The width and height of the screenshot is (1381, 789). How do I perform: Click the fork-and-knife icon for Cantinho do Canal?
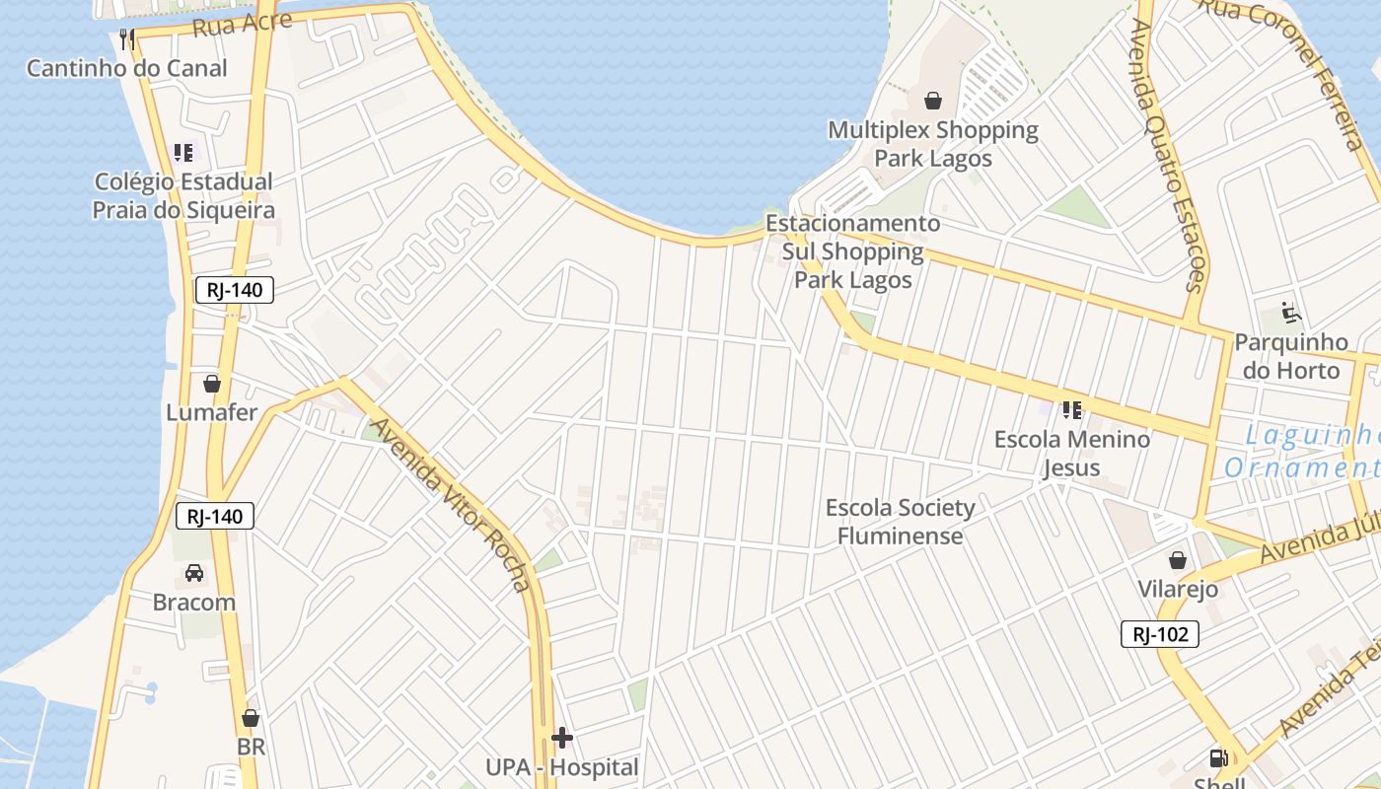126,39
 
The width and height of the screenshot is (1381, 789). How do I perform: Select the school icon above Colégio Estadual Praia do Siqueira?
183,153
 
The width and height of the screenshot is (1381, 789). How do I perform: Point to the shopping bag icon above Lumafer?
211,384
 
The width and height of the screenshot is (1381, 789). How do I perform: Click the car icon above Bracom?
194,573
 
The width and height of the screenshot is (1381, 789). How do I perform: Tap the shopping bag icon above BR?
251,718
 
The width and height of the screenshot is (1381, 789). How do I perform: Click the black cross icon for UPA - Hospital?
562,738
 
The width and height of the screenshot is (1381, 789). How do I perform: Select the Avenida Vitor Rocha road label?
453,504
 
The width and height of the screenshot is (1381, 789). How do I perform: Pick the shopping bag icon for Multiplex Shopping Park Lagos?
933,101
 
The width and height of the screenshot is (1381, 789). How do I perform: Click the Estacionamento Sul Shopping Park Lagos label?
853,251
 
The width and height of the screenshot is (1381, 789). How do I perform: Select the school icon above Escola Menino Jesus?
1072,409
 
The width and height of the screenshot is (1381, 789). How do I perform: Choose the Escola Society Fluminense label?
900,522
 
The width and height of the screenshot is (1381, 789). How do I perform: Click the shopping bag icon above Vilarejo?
1178,560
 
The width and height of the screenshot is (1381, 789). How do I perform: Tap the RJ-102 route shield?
1160,634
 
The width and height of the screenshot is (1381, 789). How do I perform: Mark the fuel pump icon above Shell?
1219,758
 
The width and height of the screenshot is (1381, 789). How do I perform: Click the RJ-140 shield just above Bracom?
215,516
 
